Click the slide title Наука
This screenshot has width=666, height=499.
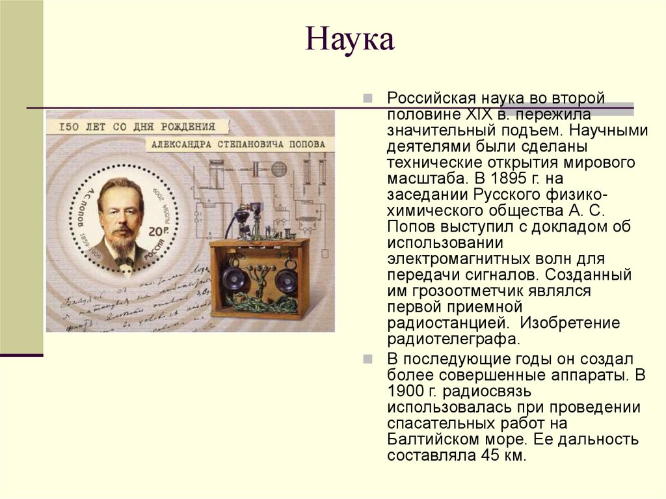(x=350, y=40)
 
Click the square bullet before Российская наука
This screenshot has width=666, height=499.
(x=368, y=98)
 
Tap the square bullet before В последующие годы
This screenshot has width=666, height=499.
(x=368, y=359)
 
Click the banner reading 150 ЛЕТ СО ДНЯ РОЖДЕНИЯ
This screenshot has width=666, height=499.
(x=136, y=126)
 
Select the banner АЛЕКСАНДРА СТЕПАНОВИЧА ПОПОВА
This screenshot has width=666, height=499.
(x=237, y=144)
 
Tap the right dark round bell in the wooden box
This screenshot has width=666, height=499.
(x=286, y=280)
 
